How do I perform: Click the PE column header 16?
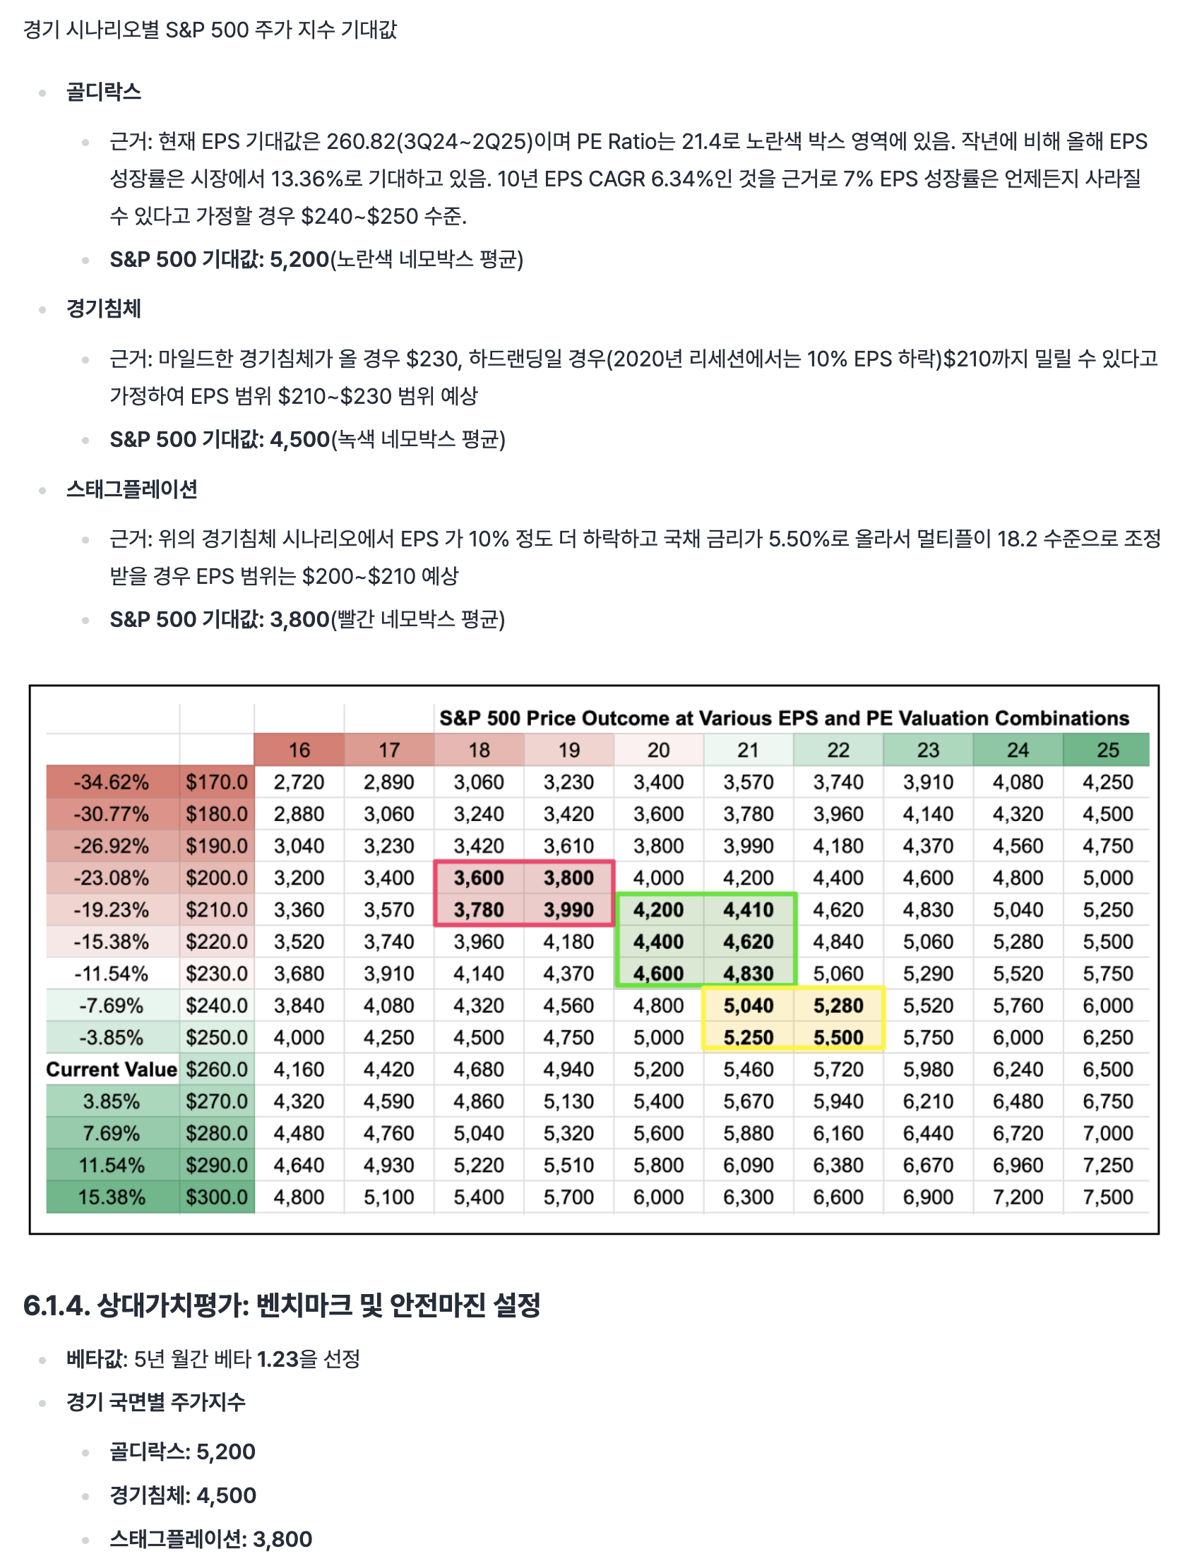pyautogui.click(x=299, y=750)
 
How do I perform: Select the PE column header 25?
pyautogui.click(x=1107, y=750)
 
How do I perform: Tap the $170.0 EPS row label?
pyautogui.click(x=217, y=782)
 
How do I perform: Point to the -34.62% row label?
pyautogui.click(x=112, y=782)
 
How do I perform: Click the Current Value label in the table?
pyautogui.click(x=112, y=1070)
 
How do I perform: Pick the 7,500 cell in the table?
pyautogui.click(x=1107, y=1197)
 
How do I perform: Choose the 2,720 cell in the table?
pyautogui.click(x=299, y=782)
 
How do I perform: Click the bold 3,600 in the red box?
pyautogui.click(x=479, y=878)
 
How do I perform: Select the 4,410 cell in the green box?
pyautogui.click(x=748, y=910)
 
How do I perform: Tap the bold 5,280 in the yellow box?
pyautogui.click(x=838, y=1006)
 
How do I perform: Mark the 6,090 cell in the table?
pyautogui.click(x=748, y=1166)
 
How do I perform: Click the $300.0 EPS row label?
pyautogui.click(x=217, y=1197)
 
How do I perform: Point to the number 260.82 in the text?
pyautogui.click(x=360, y=142)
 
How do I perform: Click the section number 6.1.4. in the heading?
pyautogui.click(x=56, y=1305)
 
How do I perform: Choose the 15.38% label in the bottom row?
pyautogui.click(x=112, y=1197)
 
